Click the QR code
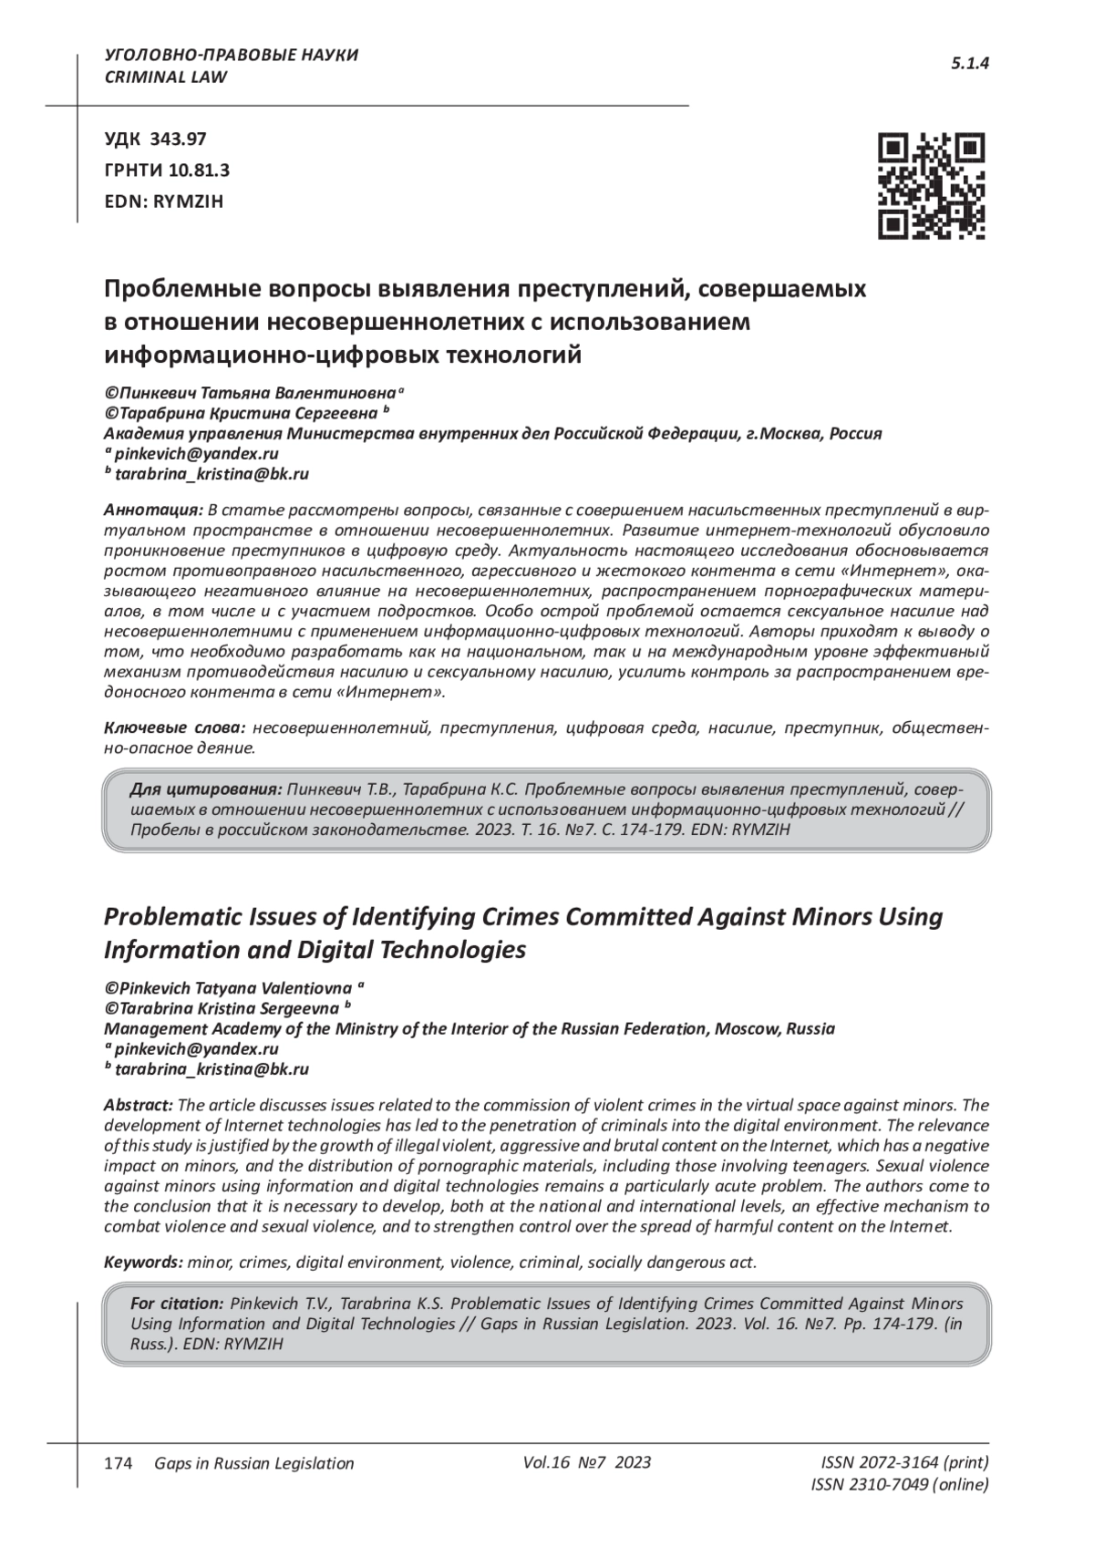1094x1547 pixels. point(931,186)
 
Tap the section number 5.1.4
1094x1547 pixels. point(970,64)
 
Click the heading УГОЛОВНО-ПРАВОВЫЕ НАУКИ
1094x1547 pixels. point(232,55)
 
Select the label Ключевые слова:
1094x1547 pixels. point(175,728)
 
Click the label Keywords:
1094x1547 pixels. point(144,1263)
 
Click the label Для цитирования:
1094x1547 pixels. point(207,789)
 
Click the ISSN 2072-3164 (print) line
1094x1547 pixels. point(904,1463)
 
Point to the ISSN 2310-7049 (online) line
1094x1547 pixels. point(899,1485)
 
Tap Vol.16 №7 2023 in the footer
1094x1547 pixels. point(587,1462)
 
